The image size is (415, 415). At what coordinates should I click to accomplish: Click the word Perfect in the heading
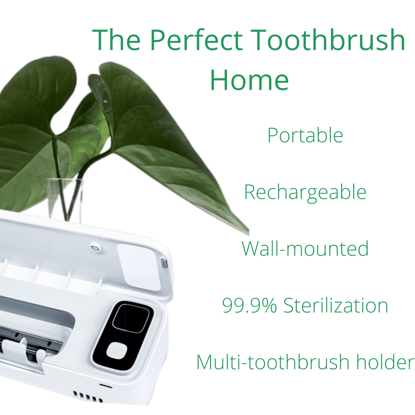point(196,40)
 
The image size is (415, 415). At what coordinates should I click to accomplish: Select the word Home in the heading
point(249,80)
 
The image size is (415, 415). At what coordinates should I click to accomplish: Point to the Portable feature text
point(305,135)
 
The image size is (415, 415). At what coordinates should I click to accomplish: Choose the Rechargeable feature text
point(305,193)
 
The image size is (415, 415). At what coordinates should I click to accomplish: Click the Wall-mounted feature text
point(305,248)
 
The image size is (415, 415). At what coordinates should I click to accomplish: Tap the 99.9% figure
point(249,305)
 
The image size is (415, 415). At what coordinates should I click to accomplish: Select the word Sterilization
point(335,305)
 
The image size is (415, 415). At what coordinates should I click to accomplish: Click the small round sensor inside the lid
point(95,248)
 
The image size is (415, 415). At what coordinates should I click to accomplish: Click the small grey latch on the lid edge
point(164,263)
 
